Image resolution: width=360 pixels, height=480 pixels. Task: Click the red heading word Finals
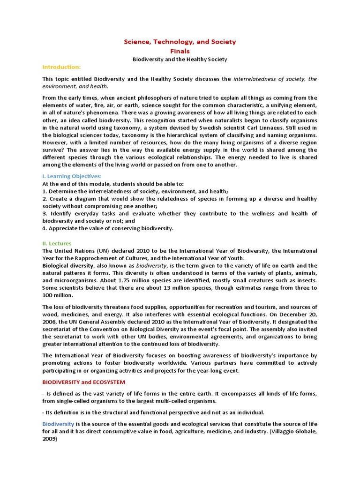[x=180, y=51]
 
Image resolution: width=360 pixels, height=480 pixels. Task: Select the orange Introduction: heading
[x=61, y=67]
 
